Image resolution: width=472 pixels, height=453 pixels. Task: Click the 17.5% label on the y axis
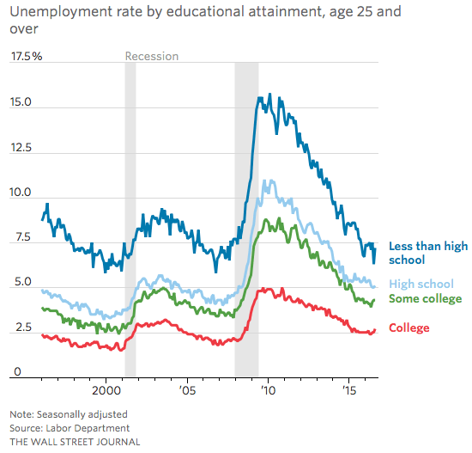point(26,57)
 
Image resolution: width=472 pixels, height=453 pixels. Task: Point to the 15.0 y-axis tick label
point(22,102)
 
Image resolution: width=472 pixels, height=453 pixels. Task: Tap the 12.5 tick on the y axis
point(22,148)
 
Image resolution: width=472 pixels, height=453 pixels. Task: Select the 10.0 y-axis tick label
point(22,193)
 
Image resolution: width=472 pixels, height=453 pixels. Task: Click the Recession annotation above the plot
point(152,57)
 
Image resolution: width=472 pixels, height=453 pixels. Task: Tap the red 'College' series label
point(409,328)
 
